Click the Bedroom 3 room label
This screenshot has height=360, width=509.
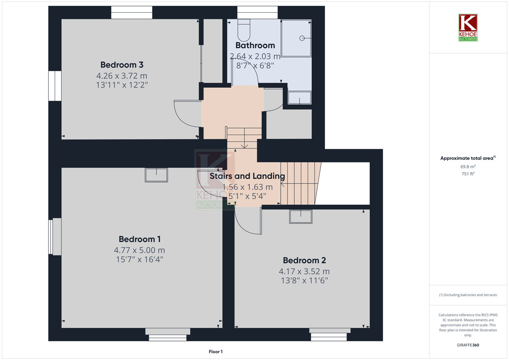point(122,65)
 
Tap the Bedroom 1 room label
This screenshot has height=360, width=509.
point(140,239)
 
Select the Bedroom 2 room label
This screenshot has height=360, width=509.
point(304,260)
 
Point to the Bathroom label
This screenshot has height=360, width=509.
point(255,45)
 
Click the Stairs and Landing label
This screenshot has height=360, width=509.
point(247,176)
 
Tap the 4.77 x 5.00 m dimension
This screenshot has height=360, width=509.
point(140,250)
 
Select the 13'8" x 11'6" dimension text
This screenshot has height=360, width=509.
point(304,281)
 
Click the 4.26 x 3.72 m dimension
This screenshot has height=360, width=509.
point(122,75)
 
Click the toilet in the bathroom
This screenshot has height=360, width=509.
point(244,30)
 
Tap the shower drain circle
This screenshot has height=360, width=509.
point(302,38)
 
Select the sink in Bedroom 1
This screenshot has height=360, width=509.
point(157,175)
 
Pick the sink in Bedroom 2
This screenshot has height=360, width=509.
point(301,217)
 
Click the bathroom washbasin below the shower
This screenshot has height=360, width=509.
point(299,98)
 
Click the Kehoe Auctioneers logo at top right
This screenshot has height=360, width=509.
point(468,28)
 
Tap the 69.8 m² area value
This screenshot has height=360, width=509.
point(468,167)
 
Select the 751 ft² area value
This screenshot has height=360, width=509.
point(468,174)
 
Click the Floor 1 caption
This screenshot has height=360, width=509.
point(215,352)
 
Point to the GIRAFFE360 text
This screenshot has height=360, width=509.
point(468,345)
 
